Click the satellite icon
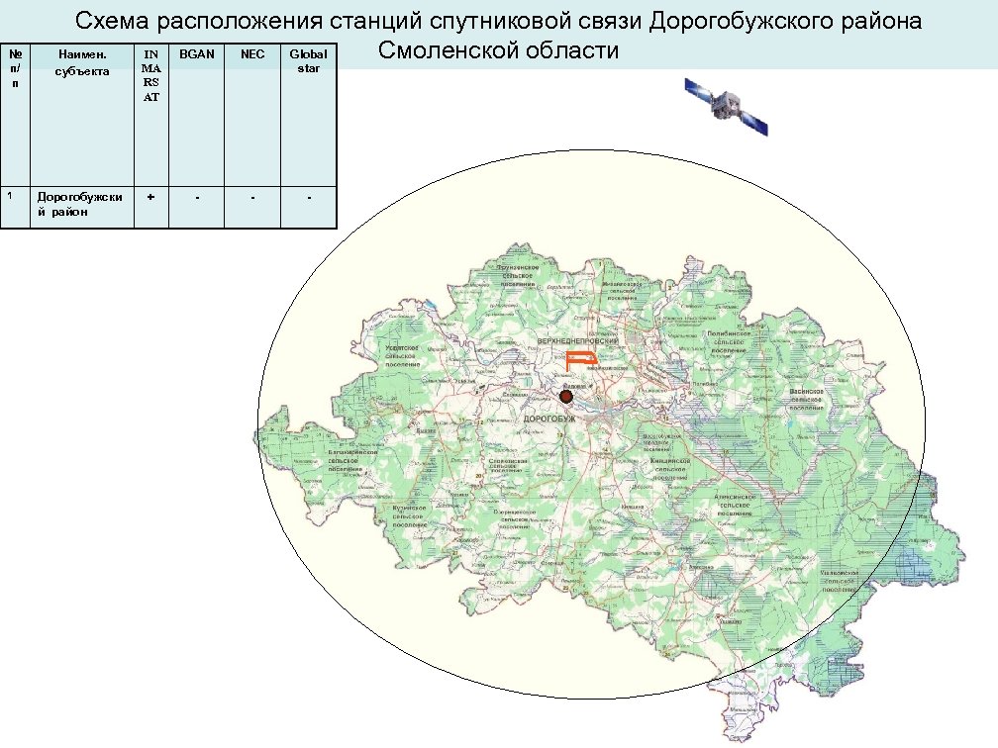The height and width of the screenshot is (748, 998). (727, 104)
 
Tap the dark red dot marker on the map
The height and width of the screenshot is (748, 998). (566, 397)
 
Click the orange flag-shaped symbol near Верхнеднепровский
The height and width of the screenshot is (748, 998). (581, 359)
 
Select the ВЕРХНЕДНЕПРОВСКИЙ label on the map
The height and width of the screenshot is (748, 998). (577, 340)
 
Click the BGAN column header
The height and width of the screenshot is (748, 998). (197, 54)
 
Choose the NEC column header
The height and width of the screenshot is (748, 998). (252, 54)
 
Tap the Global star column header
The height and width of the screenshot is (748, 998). (308, 61)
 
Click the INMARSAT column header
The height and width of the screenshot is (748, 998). (150, 76)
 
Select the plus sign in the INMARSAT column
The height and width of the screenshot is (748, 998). (150, 197)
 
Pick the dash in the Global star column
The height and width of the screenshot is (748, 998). (309, 197)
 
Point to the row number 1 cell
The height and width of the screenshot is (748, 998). (10, 196)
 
